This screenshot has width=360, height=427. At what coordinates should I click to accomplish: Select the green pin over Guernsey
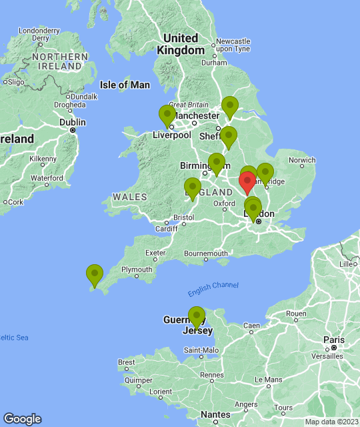[x=196, y=316]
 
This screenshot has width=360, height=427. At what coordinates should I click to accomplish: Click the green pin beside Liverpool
[x=167, y=115]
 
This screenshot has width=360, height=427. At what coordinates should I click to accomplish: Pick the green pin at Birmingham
[x=216, y=163]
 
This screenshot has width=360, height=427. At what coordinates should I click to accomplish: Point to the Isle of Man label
[x=125, y=85]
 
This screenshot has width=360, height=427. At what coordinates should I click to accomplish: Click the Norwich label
[x=302, y=160]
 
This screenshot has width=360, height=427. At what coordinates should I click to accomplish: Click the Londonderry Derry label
[x=39, y=34]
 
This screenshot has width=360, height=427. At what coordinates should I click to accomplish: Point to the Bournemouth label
[x=206, y=254]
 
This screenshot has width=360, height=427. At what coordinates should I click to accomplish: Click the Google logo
[x=22, y=418]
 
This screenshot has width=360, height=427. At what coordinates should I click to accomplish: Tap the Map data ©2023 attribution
[x=331, y=422]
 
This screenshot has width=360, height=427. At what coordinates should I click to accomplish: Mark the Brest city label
[x=127, y=362]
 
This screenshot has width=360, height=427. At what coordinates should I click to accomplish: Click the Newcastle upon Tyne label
[x=233, y=45]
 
